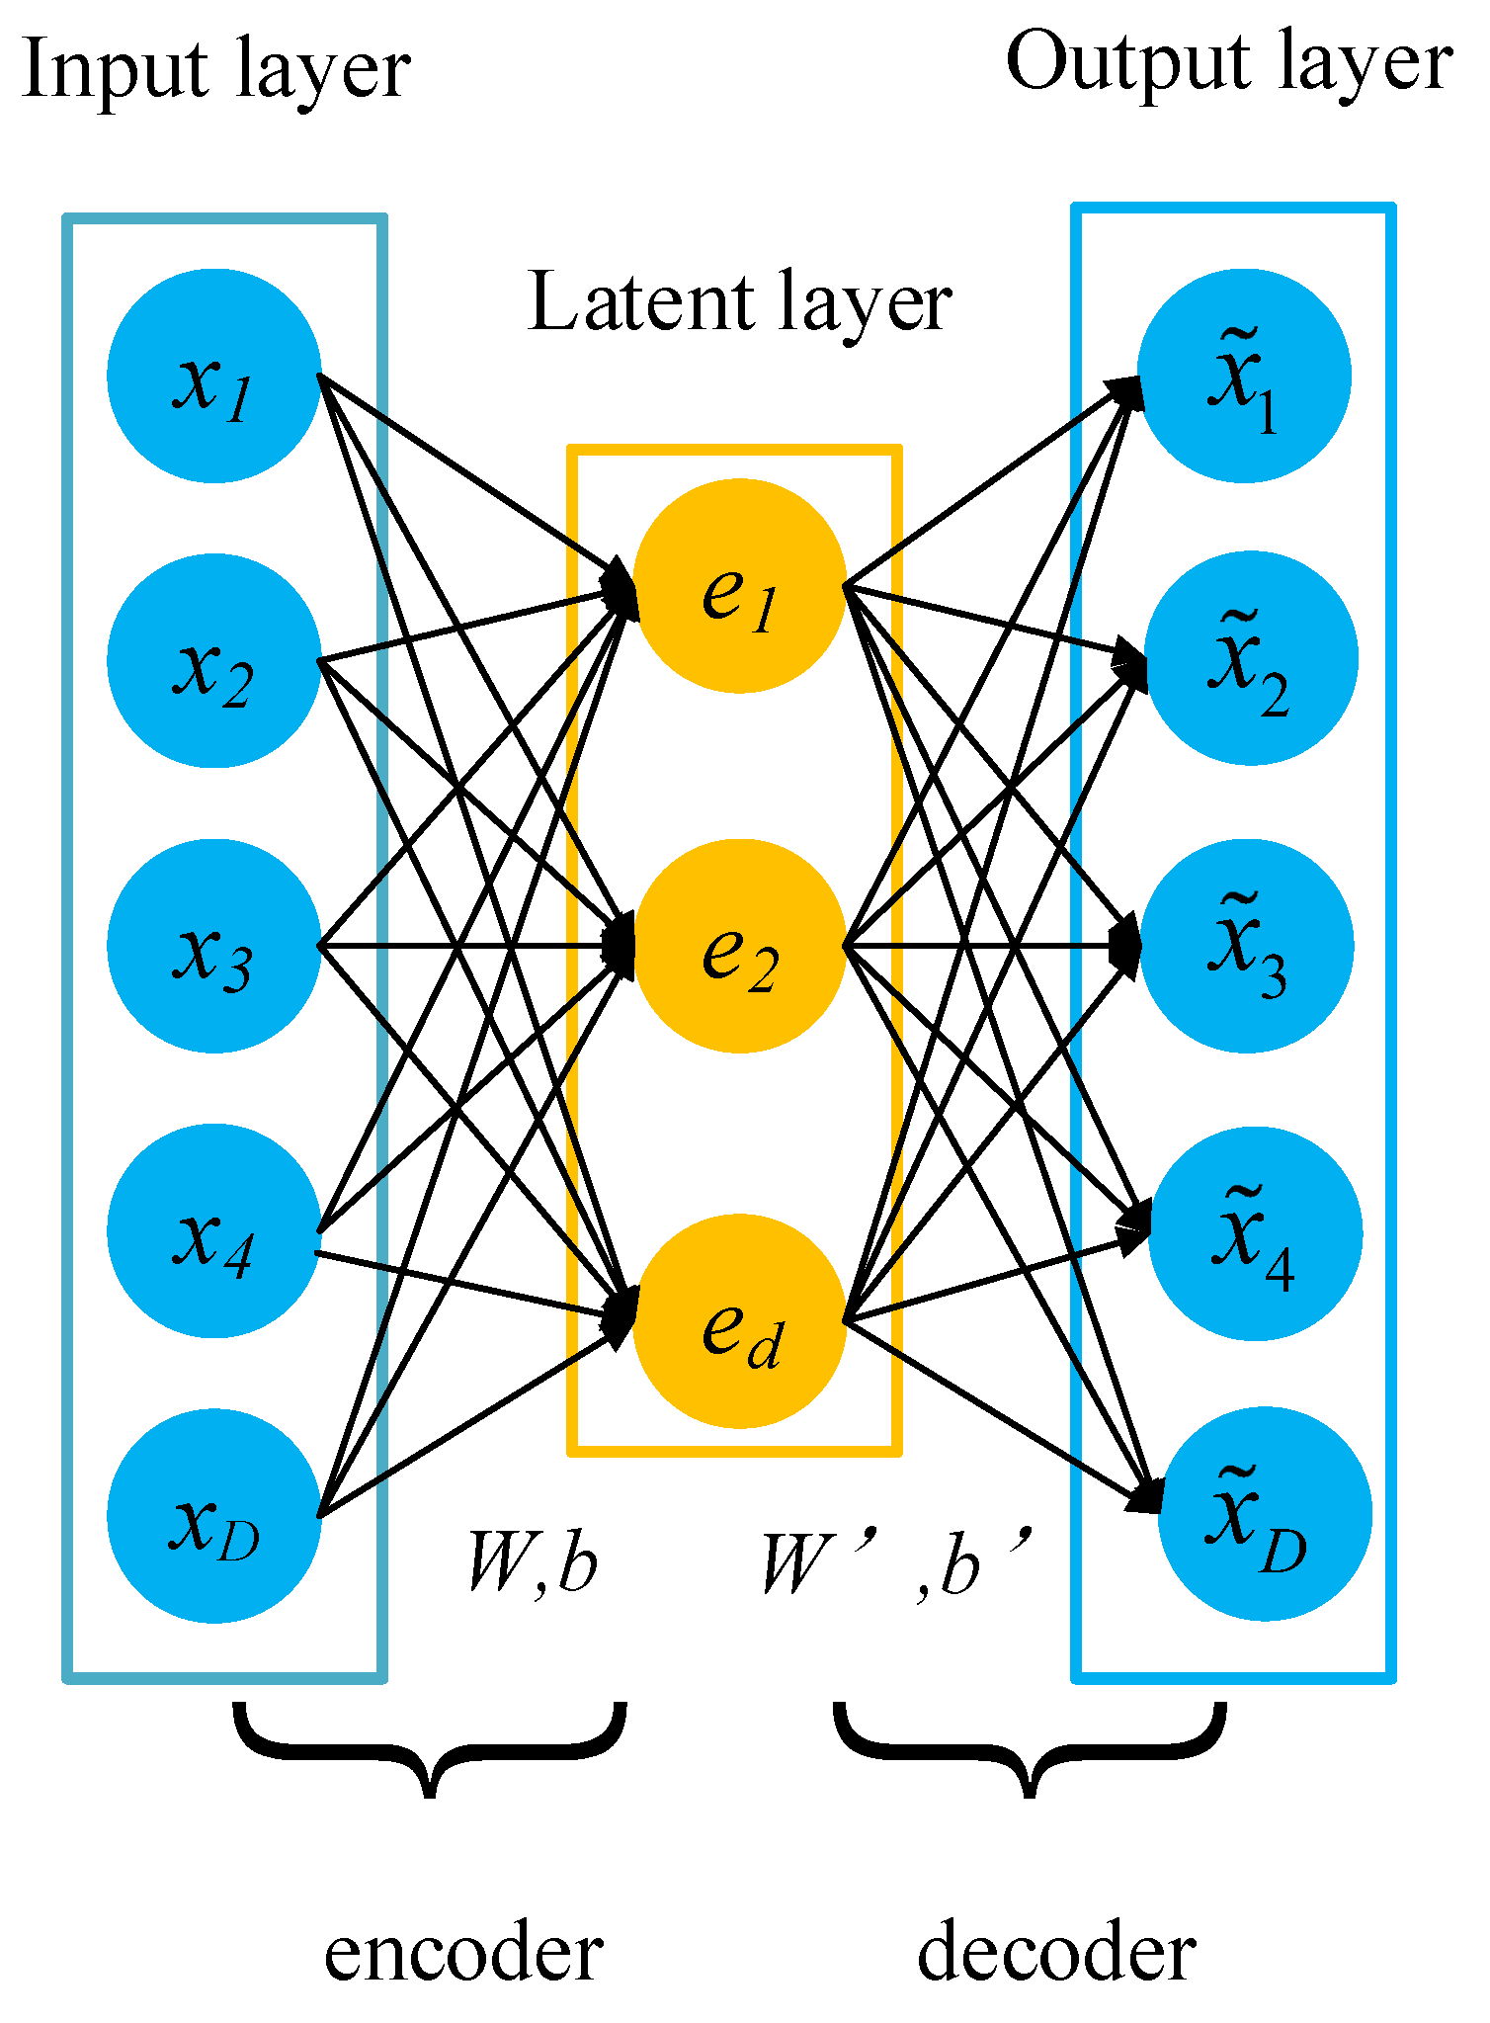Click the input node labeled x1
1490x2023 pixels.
click(213, 376)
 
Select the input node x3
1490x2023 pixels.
click(213, 946)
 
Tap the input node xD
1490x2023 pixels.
click(213, 1515)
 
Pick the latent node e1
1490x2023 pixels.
click(739, 586)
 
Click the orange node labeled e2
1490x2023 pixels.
click(739, 946)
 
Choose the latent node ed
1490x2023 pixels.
click(739, 1321)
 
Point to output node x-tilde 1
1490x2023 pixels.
click(1244, 376)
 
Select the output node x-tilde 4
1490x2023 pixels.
click(1255, 1233)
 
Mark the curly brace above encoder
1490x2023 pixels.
click(430, 1749)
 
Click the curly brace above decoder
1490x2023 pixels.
click(1031, 1749)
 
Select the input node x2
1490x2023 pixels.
click(213, 660)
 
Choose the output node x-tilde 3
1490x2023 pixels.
click(1246, 946)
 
